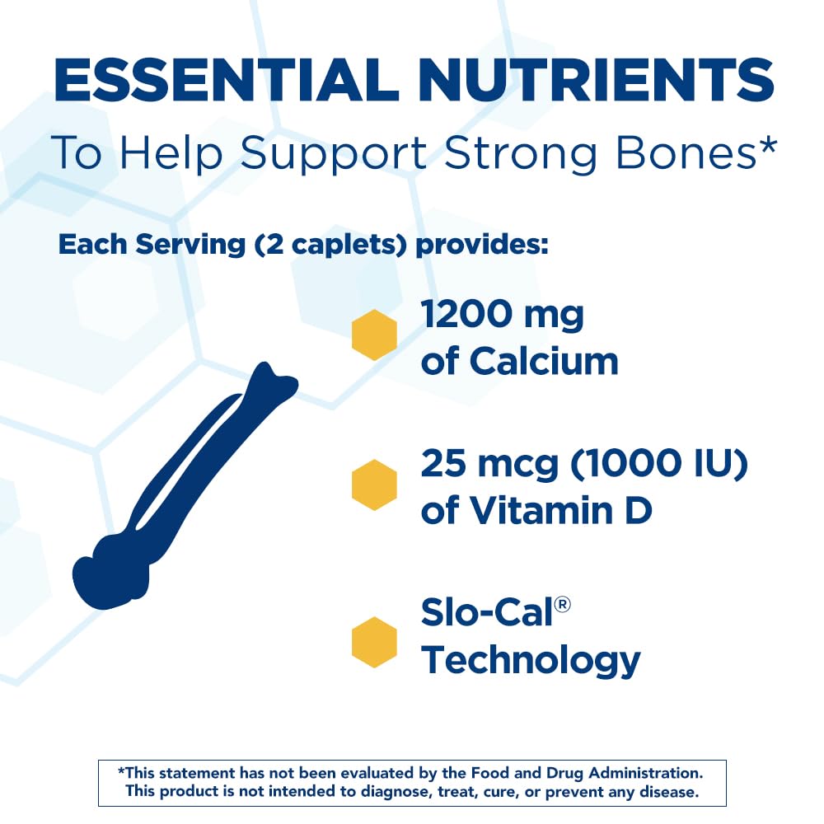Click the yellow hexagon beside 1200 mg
click(374, 335)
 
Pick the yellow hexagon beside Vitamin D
click(374, 484)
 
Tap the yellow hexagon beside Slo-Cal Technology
click(374, 641)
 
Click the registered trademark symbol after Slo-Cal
click(563, 606)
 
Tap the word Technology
click(531, 659)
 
